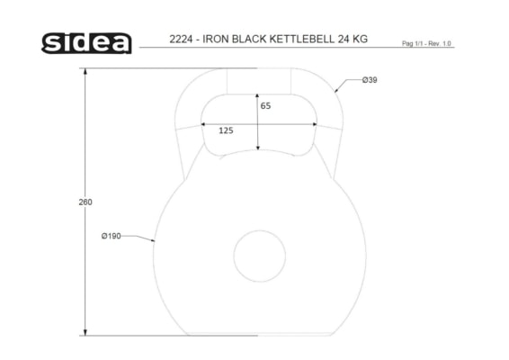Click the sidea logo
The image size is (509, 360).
click(x=86, y=43)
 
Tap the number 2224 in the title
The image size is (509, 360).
click(x=181, y=39)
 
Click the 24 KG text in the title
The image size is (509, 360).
click(x=353, y=39)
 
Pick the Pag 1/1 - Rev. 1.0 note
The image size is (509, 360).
click(x=426, y=43)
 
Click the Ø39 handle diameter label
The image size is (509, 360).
click(x=370, y=80)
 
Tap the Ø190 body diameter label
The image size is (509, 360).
click(x=111, y=236)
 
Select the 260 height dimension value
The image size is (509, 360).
click(x=85, y=202)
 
